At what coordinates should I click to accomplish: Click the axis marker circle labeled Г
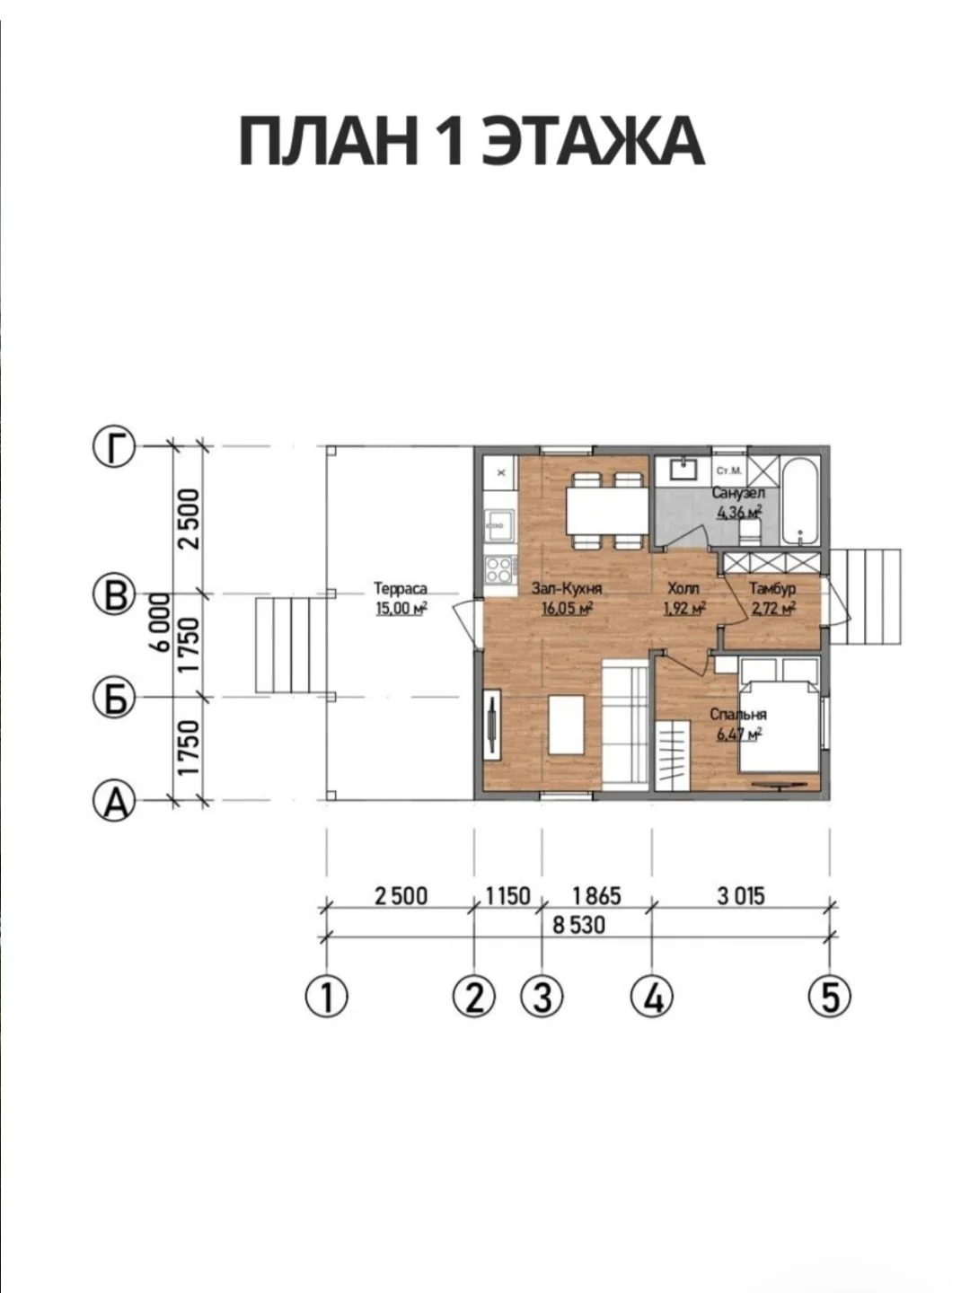(114, 447)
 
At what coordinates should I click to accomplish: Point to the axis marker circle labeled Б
(114, 698)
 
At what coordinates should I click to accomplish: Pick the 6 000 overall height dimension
(160, 622)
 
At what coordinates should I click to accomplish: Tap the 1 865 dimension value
(596, 896)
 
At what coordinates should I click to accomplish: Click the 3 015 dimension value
(741, 896)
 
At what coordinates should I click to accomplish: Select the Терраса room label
(401, 588)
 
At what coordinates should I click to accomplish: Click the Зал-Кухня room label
(567, 588)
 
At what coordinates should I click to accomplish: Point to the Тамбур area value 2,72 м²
(772, 607)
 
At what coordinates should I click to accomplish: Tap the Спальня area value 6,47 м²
(739, 734)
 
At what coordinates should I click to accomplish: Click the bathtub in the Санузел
(799, 501)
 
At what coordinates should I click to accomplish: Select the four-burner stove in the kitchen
(499, 568)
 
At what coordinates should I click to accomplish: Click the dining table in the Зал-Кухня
(606, 511)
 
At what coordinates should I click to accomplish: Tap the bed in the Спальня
(779, 715)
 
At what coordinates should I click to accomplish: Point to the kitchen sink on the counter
(498, 525)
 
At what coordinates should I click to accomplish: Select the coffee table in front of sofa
(566, 726)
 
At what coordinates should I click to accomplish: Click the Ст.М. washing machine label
(729, 471)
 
